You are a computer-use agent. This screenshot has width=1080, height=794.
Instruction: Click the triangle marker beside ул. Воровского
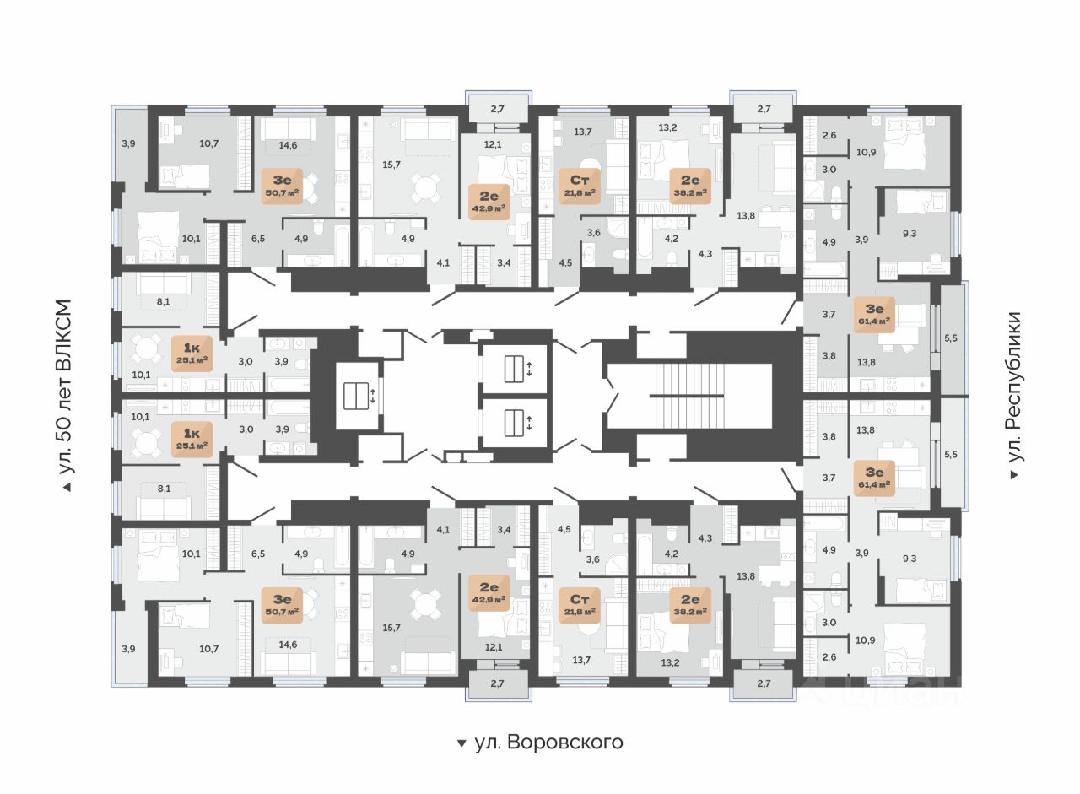(x=461, y=743)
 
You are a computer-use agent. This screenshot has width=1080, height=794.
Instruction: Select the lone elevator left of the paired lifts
(x=359, y=395)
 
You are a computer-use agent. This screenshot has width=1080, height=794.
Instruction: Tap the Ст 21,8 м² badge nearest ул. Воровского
(x=579, y=604)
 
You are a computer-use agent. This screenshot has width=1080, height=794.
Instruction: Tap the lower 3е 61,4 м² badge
(x=874, y=478)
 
